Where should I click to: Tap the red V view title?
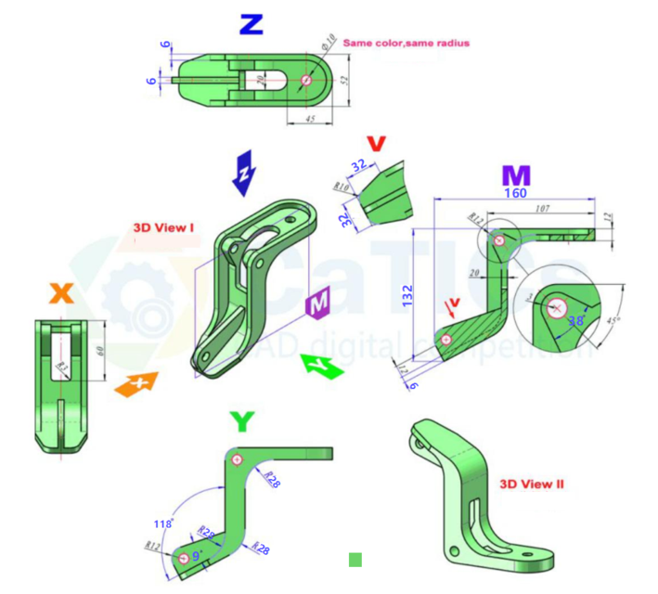coord(375,144)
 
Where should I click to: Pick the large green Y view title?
coord(241,422)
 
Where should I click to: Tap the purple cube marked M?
coord(317,303)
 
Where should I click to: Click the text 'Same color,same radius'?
coord(406,43)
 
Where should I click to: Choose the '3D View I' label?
coord(163,226)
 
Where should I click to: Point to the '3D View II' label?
coord(531,484)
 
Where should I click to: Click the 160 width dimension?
coord(515,193)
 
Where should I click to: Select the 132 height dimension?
coord(406,295)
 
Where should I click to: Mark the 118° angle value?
coord(163,524)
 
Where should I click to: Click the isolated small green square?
coord(355,560)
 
